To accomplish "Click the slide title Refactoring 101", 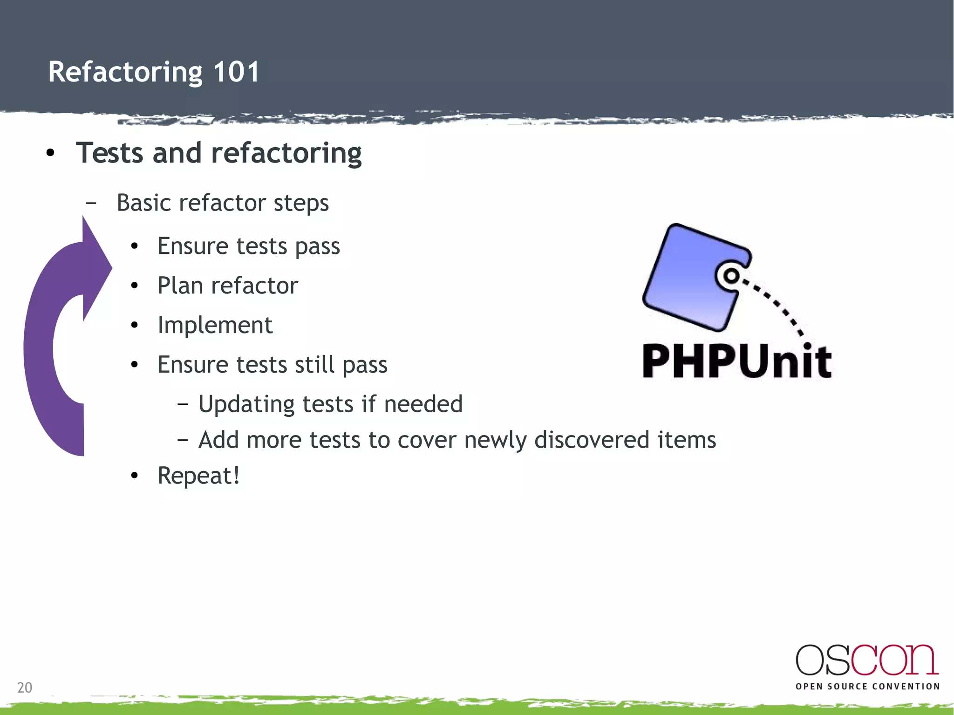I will point(154,72).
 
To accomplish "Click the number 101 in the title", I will point(236,72).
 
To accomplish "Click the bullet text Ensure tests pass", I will point(248,246).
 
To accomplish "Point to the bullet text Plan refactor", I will point(227,286).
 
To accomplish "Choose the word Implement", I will point(215,325).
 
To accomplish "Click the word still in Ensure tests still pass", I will point(314,364).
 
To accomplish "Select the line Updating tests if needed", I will point(330,404).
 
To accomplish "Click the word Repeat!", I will point(198,476).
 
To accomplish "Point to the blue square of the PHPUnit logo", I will point(689,279).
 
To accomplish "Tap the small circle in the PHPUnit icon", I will point(731,276).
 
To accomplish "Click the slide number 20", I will point(25,688).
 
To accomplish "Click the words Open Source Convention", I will point(867,686).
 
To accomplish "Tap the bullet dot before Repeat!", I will point(135,476).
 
